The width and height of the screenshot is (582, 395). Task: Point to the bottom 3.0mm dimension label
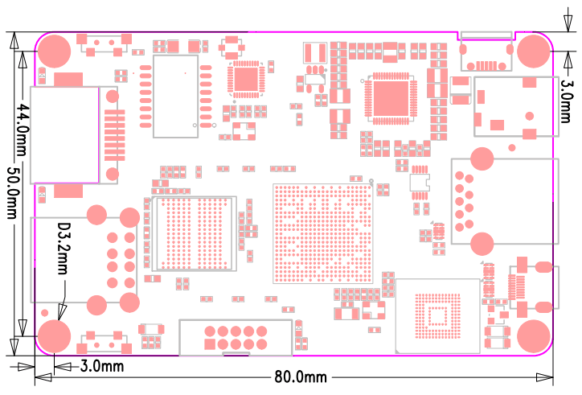pos(101,367)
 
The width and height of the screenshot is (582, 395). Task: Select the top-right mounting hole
pos(533,51)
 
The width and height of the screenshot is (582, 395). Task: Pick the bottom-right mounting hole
pos(533,336)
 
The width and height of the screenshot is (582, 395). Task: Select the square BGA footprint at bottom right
pos(439,315)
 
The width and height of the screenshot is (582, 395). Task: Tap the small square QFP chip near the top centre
pos(245,80)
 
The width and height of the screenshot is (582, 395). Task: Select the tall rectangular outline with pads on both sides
pos(174,88)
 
